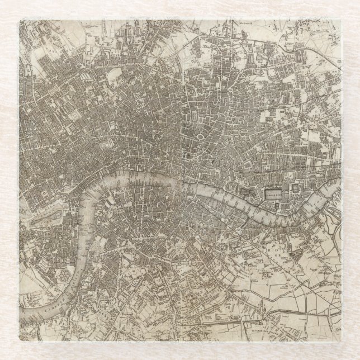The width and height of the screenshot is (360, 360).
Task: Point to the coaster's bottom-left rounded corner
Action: [21, 339]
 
